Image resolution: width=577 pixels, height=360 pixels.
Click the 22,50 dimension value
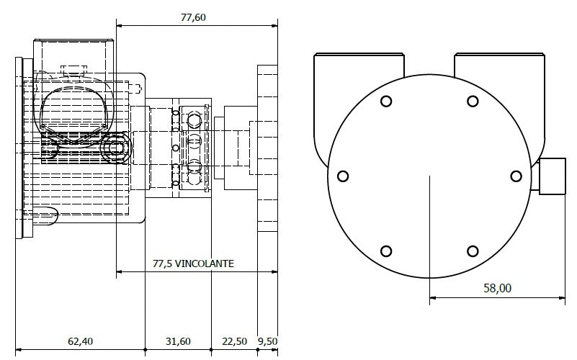pos(233,341)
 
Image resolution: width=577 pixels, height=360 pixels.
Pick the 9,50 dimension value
pos(267,341)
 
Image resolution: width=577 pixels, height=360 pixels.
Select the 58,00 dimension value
pos(496,288)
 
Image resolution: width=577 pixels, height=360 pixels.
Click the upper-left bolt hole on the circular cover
pos(386,102)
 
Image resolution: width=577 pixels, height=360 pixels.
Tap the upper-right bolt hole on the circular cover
pos(473,102)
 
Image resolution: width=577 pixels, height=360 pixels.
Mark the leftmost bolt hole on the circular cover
pos(343,176)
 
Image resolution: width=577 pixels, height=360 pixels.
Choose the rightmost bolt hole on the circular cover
pos(516,176)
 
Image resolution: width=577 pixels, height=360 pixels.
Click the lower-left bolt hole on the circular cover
pos(386,251)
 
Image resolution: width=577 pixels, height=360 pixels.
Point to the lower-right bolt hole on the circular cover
pos(473,251)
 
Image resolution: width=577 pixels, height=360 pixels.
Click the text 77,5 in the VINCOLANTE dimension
pos(165,264)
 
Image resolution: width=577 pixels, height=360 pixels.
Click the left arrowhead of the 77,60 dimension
pos(120,27)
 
